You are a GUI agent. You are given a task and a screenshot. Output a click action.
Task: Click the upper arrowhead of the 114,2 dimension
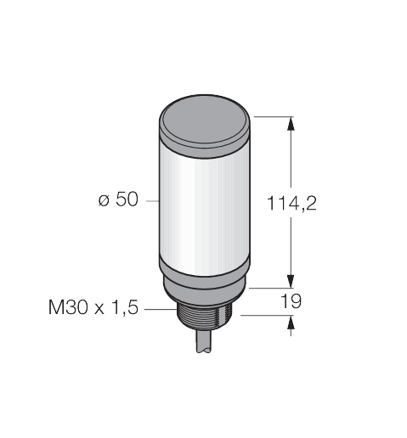(292, 125)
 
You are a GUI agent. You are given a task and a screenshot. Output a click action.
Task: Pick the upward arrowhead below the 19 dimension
(292, 323)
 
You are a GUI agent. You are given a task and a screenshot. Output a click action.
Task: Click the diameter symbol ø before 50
(102, 201)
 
